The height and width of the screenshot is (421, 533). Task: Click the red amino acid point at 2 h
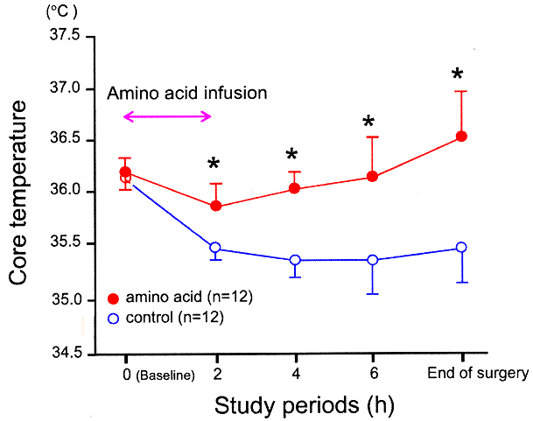coord(215,206)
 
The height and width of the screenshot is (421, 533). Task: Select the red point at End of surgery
coord(461,136)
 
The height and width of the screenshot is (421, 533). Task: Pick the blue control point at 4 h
coord(295,260)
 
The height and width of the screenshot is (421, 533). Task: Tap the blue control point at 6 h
coord(373,259)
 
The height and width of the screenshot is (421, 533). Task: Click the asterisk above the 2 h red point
coord(214,165)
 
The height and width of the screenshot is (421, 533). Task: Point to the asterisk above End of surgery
coord(457,74)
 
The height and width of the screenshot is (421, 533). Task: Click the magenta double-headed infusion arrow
coord(168,116)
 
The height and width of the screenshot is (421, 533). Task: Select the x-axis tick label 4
coord(295,375)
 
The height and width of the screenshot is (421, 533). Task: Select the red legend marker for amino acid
coord(115,298)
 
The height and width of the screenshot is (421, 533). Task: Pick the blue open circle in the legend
coord(115,318)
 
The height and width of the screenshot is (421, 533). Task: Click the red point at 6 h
coord(373,176)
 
